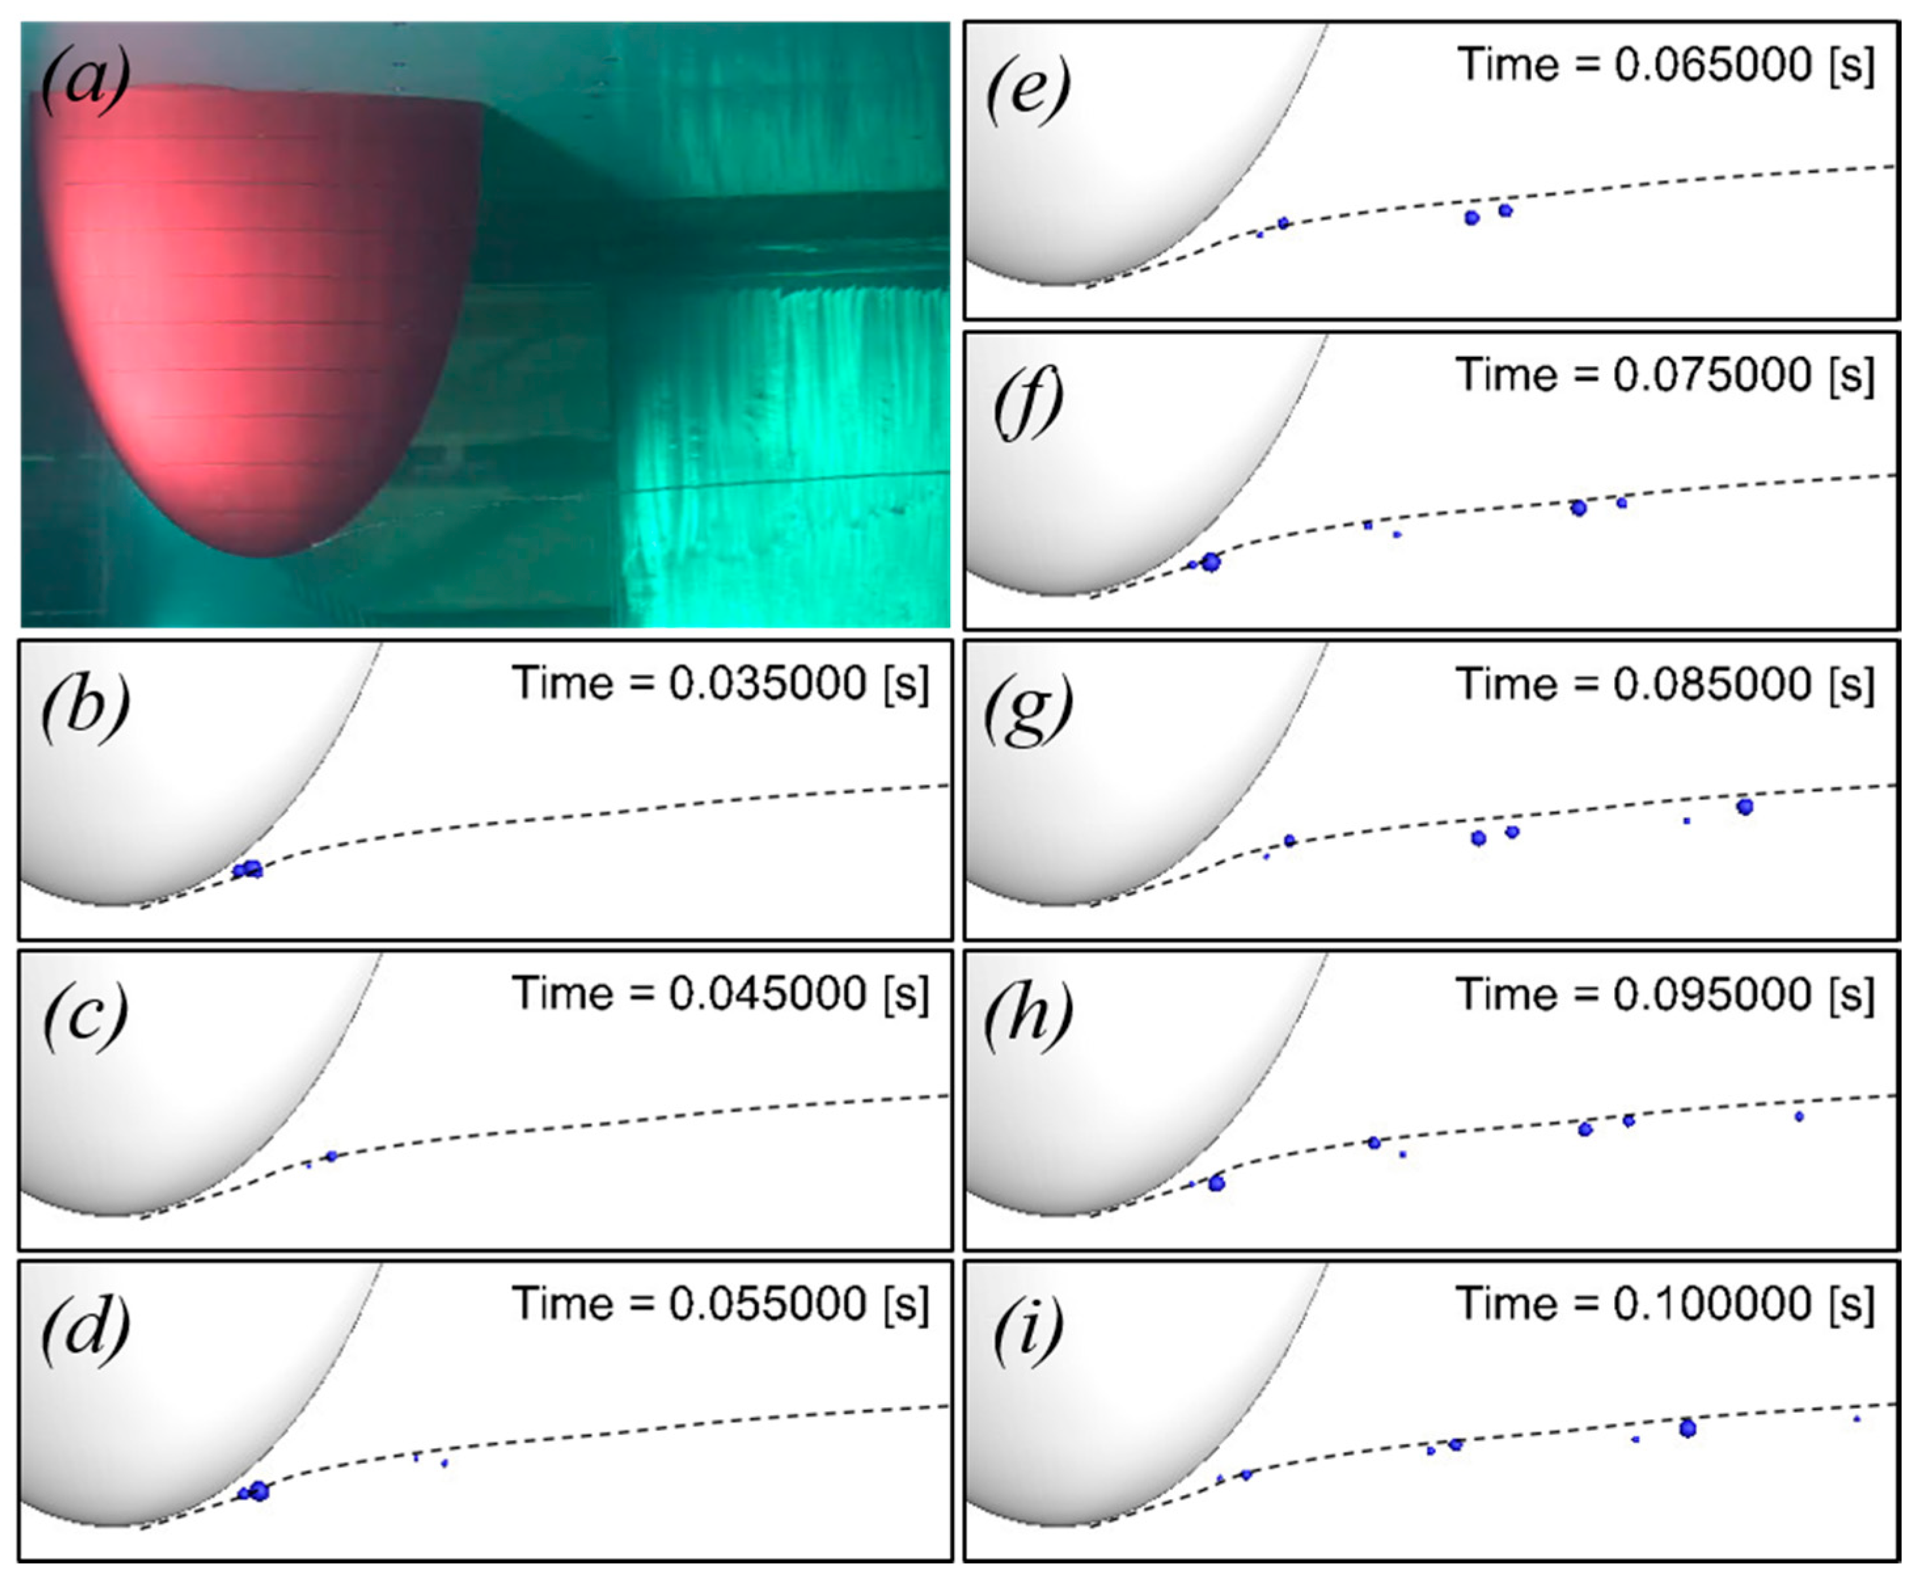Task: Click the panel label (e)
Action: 1027,89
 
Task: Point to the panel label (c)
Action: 84,1018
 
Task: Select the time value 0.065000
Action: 1712,64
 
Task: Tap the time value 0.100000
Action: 1712,1305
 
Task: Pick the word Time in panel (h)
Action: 1507,995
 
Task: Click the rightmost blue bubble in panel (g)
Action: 1744,806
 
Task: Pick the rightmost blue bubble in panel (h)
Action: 1798,1117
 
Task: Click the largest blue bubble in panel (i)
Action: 1687,1429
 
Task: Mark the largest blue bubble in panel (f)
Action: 1211,563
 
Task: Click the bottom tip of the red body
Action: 263,554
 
